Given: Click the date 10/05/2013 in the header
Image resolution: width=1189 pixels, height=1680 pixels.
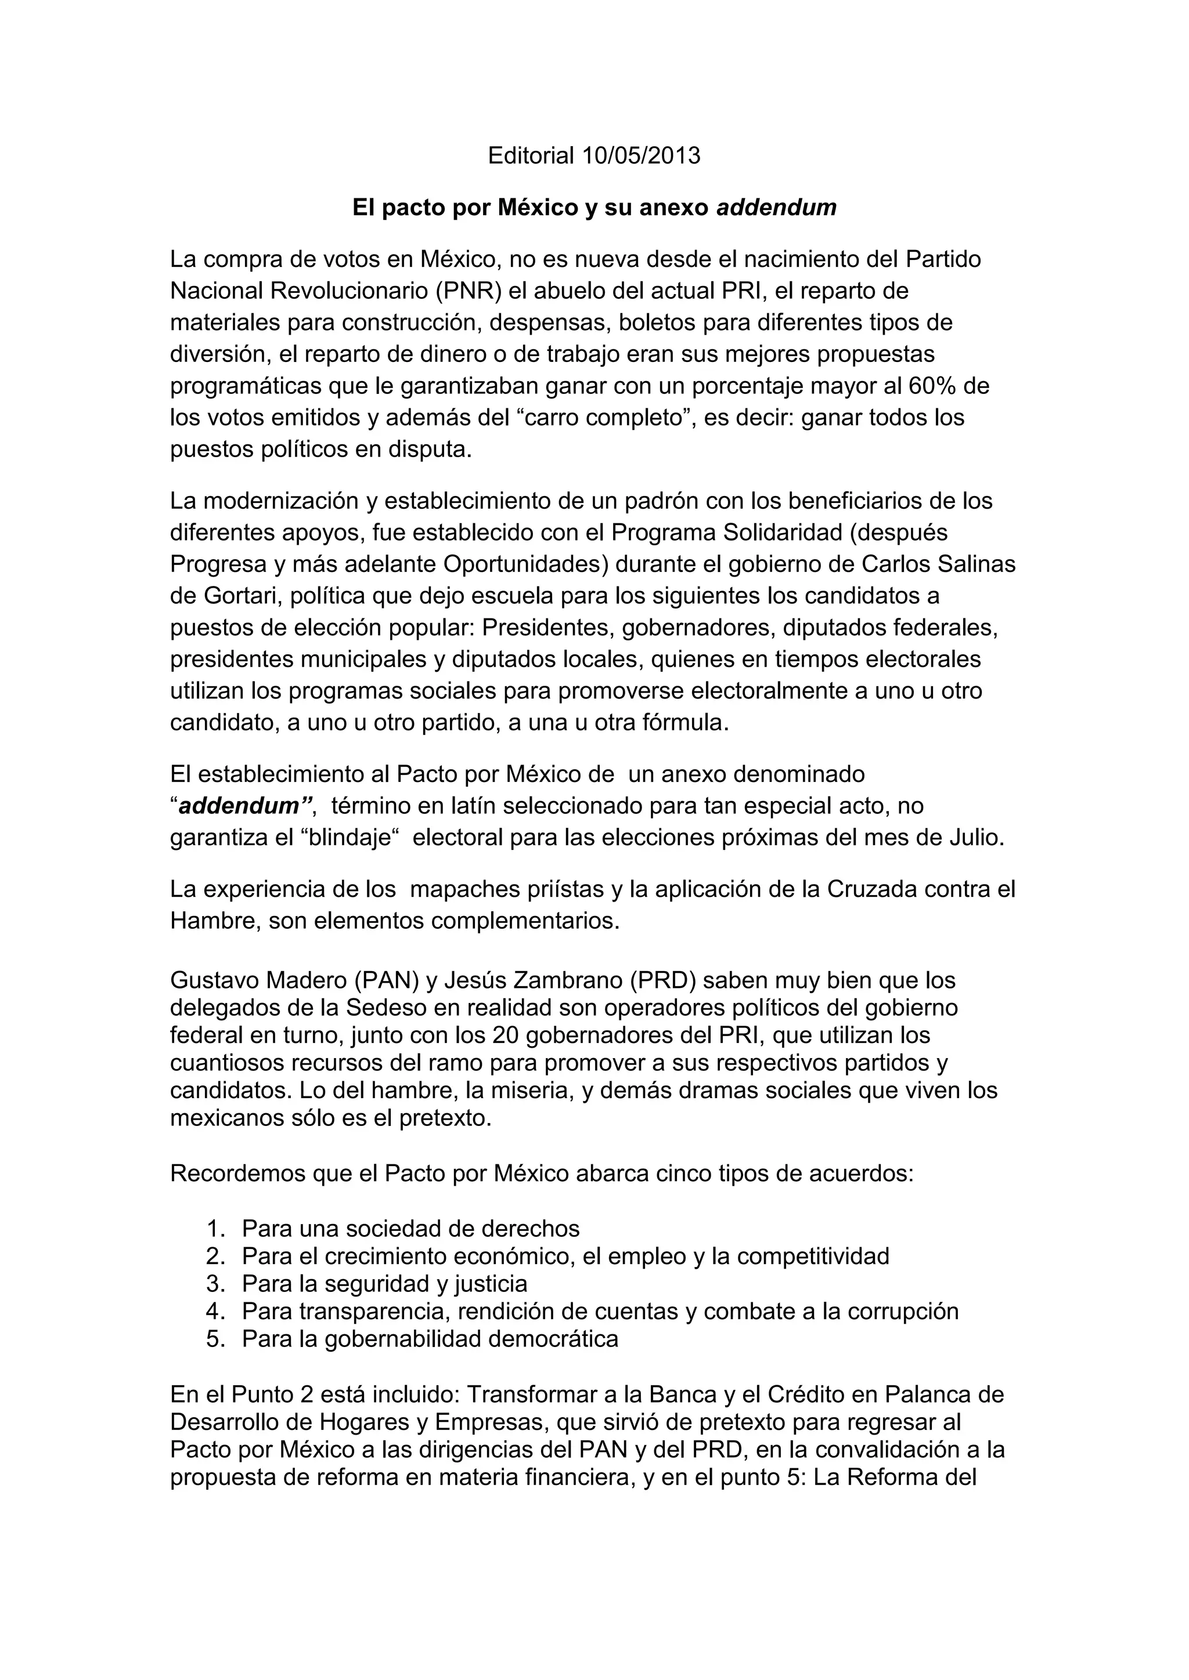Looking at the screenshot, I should coord(642,156).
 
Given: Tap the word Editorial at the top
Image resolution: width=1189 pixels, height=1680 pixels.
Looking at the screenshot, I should coord(531,156).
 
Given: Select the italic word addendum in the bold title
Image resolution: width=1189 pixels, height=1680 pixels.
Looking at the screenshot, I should coord(776,208).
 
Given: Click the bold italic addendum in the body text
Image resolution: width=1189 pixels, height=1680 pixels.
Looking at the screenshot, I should coord(239,806).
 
